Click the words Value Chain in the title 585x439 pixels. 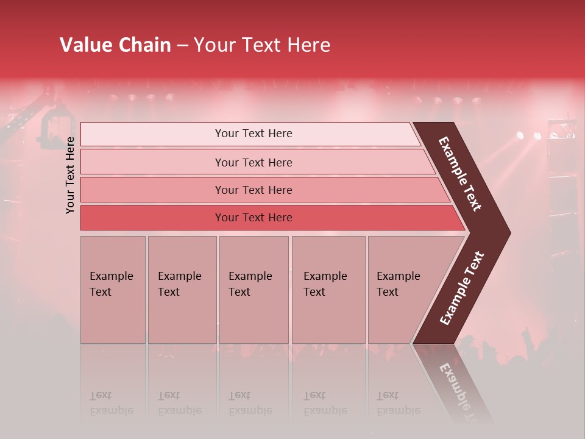115,45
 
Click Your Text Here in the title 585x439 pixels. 262,45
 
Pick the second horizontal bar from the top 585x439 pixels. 253,162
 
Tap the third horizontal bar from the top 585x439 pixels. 253,190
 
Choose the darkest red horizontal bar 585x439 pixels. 253,218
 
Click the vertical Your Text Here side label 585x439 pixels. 70,175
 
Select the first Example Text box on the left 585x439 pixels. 113,290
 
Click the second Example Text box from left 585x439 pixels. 182,290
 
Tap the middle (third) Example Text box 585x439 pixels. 253,290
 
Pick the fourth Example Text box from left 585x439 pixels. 328,290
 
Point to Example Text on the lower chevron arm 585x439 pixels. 462,288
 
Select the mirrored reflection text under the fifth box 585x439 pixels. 397,403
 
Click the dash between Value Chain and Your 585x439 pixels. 182,46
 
